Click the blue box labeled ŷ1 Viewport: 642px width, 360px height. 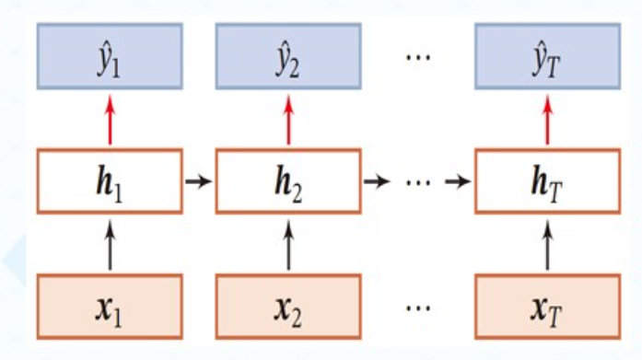[x=110, y=55]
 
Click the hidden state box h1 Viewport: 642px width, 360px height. [x=110, y=180]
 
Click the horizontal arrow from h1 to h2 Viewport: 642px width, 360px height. [x=198, y=180]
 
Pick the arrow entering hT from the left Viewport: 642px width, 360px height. [x=458, y=180]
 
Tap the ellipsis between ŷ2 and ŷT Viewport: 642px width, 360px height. [x=418, y=55]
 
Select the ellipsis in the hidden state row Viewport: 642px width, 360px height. [x=417, y=180]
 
